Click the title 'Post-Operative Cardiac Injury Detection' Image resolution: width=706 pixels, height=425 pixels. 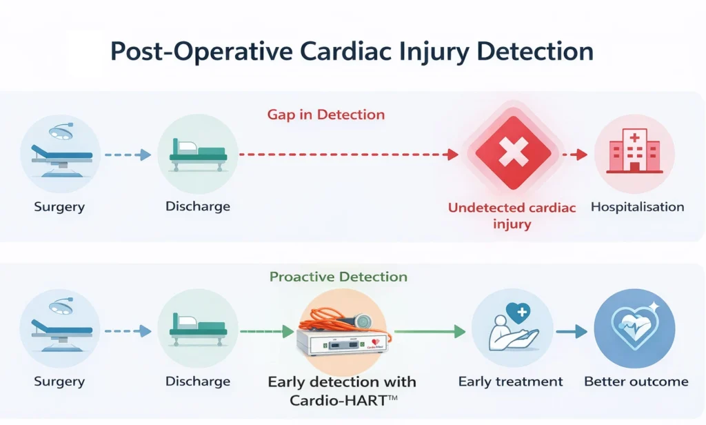[x=352, y=53]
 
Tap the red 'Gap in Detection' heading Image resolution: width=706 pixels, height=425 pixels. [x=325, y=115]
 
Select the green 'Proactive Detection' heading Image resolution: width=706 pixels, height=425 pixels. [x=338, y=277]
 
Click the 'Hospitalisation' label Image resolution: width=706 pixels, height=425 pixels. [x=637, y=206]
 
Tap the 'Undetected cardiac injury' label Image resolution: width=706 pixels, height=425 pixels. [x=511, y=215]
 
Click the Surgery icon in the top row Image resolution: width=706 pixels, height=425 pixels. [x=59, y=153]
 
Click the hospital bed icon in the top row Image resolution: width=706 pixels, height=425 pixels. [x=197, y=154]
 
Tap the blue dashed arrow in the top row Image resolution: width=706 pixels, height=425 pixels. [x=128, y=155]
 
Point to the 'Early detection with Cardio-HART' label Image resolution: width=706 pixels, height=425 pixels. [x=342, y=390]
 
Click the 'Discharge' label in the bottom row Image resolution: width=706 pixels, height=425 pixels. [x=197, y=381]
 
